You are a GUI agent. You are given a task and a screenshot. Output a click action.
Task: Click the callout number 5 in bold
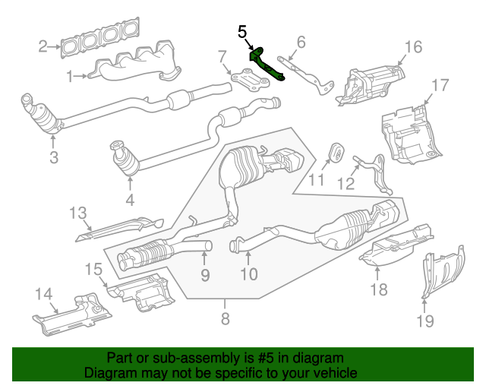(242, 32)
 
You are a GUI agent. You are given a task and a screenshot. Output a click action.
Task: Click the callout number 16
(412, 48)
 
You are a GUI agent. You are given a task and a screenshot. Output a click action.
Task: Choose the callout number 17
(441, 84)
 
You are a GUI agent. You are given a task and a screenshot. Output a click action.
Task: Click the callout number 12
(346, 183)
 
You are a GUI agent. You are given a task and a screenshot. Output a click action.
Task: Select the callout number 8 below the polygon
(225, 319)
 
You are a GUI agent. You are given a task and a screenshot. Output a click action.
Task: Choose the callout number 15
(93, 268)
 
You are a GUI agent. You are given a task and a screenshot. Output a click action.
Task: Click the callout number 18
(378, 289)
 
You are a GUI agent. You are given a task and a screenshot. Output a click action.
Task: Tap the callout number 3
(54, 158)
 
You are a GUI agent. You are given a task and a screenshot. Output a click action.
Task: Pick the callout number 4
(129, 201)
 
